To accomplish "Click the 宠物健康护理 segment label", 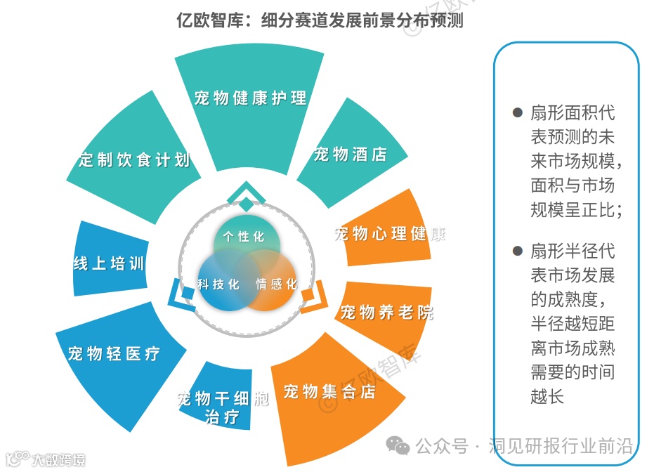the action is [251, 98].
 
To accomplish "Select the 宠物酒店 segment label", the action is [351, 154].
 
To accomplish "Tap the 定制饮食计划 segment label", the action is [134, 159].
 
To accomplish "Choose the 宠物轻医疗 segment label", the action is [114, 353].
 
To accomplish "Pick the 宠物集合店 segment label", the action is [329, 391].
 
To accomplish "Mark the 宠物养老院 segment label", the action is [387, 312].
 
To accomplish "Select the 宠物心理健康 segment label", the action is [389, 233].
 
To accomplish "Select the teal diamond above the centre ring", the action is [246, 204].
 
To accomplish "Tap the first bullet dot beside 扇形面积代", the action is [518, 112].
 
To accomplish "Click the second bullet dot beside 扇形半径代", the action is [518, 251].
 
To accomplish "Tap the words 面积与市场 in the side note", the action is [572, 185].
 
